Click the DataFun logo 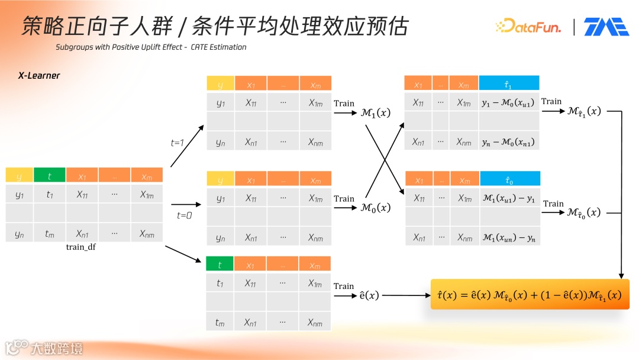pyautogui.click(x=528, y=26)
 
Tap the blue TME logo pyautogui.click(x=606, y=27)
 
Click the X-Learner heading pyautogui.click(x=39, y=76)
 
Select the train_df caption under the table pyautogui.click(x=81, y=247)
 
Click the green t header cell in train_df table pyautogui.click(x=50, y=175)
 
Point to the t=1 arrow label pyautogui.click(x=178, y=142)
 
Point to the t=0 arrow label pyautogui.click(x=185, y=216)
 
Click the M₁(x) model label pyautogui.click(x=375, y=112)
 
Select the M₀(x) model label pyautogui.click(x=375, y=208)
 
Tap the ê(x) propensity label pyautogui.click(x=369, y=295)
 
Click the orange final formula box pyautogui.click(x=530, y=294)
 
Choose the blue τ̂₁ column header pyautogui.click(x=509, y=83)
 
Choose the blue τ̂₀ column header pyautogui.click(x=509, y=179)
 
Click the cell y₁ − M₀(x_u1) pyautogui.click(x=508, y=103)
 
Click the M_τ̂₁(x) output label pyautogui.click(x=584, y=111)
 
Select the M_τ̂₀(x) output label pyautogui.click(x=584, y=212)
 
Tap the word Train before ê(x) pyautogui.click(x=344, y=286)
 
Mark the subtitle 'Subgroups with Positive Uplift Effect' pyautogui.click(x=119, y=47)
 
